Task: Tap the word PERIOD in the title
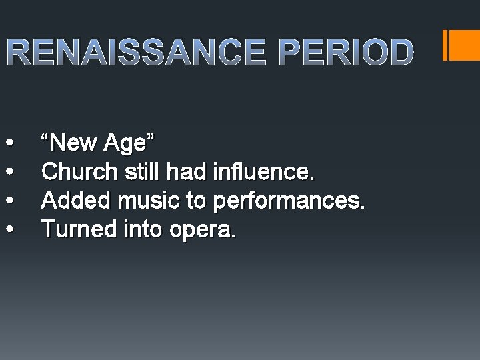click(x=346, y=53)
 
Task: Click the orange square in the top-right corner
click(x=465, y=45)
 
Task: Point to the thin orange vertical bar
click(x=445, y=45)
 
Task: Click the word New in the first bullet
click(x=73, y=143)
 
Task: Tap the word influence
click(x=262, y=172)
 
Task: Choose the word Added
click(x=71, y=201)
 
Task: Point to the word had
click(x=187, y=172)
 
